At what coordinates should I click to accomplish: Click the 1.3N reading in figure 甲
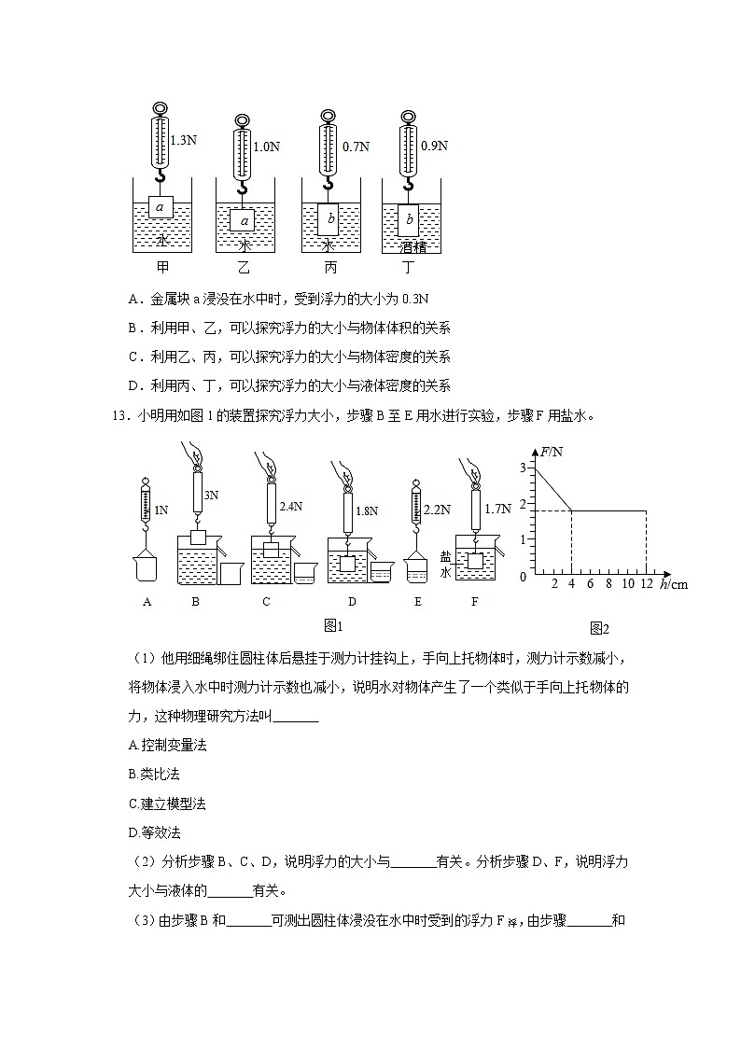click(x=184, y=140)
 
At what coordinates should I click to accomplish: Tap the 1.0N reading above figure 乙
click(x=267, y=147)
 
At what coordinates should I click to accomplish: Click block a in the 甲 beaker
click(x=161, y=207)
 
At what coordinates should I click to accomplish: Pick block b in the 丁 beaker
click(x=409, y=221)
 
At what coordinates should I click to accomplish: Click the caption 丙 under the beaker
click(x=329, y=268)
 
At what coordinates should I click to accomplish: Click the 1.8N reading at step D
click(x=367, y=510)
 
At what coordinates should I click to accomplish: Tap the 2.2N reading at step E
click(x=438, y=510)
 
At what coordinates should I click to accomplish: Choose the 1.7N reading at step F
click(x=498, y=509)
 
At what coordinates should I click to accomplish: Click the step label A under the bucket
click(x=147, y=602)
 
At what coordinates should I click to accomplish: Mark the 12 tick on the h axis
click(x=646, y=584)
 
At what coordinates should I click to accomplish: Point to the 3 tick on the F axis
click(x=523, y=468)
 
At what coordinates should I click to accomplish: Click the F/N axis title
click(x=552, y=453)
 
